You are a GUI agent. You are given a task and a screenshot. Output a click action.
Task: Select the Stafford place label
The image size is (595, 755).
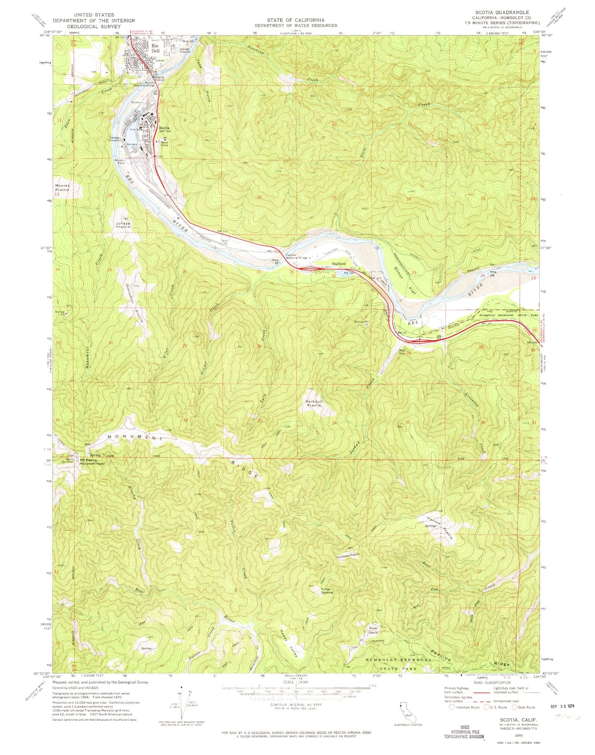(x=339, y=264)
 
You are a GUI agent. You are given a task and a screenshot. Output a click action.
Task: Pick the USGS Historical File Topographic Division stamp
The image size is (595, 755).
(x=469, y=732)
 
